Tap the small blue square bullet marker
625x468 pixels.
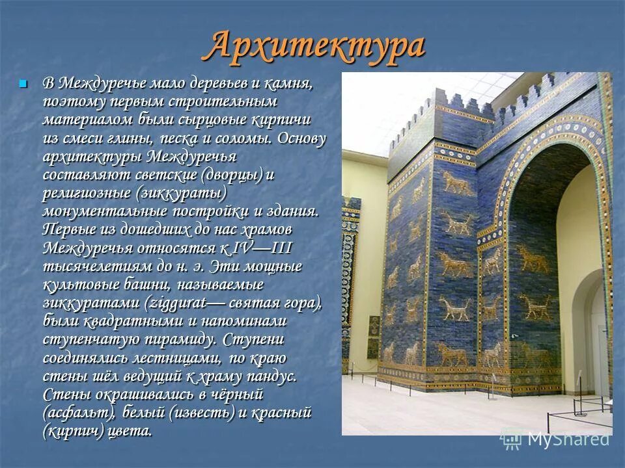(x=24, y=84)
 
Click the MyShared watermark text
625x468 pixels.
(x=568, y=439)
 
